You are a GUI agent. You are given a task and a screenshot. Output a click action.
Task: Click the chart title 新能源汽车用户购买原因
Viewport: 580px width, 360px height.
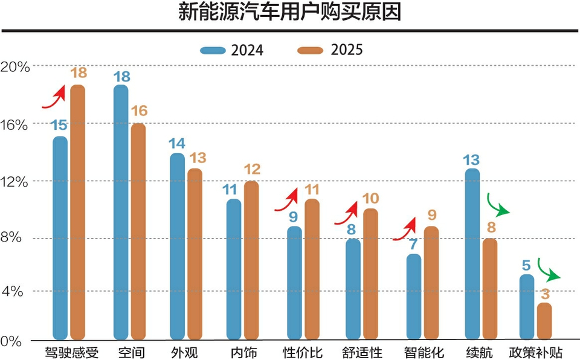(289, 12)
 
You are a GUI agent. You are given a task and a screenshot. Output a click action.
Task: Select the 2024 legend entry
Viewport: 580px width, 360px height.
(232, 50)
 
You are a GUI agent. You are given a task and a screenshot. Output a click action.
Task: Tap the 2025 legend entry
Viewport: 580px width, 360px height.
(330, 50)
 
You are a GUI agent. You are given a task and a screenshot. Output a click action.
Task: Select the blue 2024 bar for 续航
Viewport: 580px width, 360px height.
(472, 254)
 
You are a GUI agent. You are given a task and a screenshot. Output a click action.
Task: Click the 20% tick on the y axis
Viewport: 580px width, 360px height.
(14, 66)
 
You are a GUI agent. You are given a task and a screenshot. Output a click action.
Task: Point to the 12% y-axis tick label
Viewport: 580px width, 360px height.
(14, 182)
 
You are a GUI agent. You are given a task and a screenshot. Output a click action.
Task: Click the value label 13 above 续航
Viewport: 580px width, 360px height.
(471, 160)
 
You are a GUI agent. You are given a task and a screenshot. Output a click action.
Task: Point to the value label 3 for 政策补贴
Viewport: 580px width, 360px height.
(545, 294)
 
